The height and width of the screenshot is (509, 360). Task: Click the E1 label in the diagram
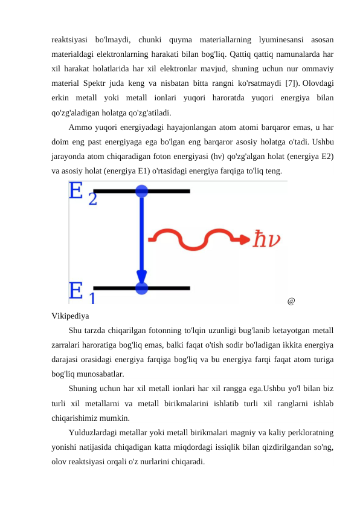tap(82, 292)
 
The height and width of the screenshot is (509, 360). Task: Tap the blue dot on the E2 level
tap(141, 191)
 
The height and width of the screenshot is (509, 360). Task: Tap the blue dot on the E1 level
tap(141, 288)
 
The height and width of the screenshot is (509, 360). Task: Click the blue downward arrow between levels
tap(141, 242)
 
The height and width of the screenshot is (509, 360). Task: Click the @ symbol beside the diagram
tap(291, 300)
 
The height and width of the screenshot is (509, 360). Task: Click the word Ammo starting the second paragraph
tap(80, 128)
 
